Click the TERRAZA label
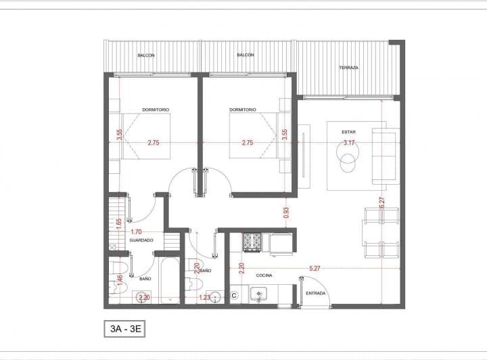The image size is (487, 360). tap(349, 68)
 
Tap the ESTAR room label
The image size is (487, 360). tap(349, 132)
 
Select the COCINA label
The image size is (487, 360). tap(264, 275)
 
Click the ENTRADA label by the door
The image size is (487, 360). tap(316, 293)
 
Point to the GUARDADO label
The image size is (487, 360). tap(141, 240)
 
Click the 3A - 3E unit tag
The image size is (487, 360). tap(124, 329)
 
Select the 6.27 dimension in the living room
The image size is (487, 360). tap(382, 203)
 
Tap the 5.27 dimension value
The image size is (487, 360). tap(315, 268)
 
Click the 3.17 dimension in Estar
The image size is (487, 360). tap(349, 143)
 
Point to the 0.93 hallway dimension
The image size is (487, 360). tap(286, 212)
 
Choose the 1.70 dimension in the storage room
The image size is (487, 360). tap(136, 231)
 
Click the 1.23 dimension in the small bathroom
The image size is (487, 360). tap(205, 297)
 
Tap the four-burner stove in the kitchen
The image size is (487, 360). tap(252, 242)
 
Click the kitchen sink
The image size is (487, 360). tap(258, 294)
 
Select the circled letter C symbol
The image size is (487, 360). tap(235, 296)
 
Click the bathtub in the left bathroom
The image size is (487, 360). tap(170, 280)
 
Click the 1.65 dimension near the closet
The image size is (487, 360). tap(118, 223)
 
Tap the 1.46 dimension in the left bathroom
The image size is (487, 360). tap(120, 279)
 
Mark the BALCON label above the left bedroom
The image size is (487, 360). tap(146, 55)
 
